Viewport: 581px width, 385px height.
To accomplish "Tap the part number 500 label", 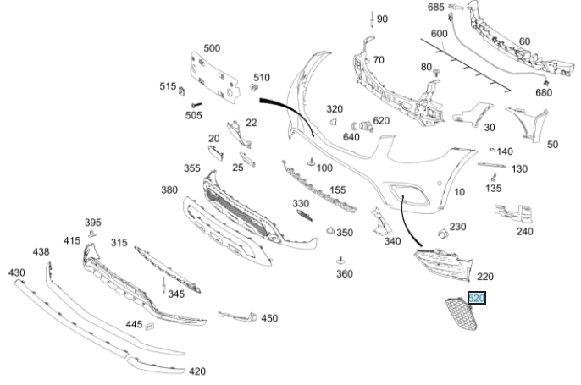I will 212,48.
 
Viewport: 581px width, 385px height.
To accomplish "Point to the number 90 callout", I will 382,19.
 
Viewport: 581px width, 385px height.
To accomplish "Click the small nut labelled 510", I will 255,89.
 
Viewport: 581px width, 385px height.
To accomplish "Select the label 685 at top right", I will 435,7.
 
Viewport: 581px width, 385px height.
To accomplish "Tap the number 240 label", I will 525,231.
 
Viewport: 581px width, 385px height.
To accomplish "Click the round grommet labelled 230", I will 442,232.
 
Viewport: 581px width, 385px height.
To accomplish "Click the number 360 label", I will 345,273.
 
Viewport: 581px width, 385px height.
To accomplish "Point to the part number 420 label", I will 196,371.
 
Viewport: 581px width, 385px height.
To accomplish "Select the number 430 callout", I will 16,272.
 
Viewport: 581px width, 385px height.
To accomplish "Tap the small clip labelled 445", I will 150,325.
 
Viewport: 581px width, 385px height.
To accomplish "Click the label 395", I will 92,223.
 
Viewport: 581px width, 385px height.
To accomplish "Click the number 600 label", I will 439,33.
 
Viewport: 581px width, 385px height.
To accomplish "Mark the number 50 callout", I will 552,145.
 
